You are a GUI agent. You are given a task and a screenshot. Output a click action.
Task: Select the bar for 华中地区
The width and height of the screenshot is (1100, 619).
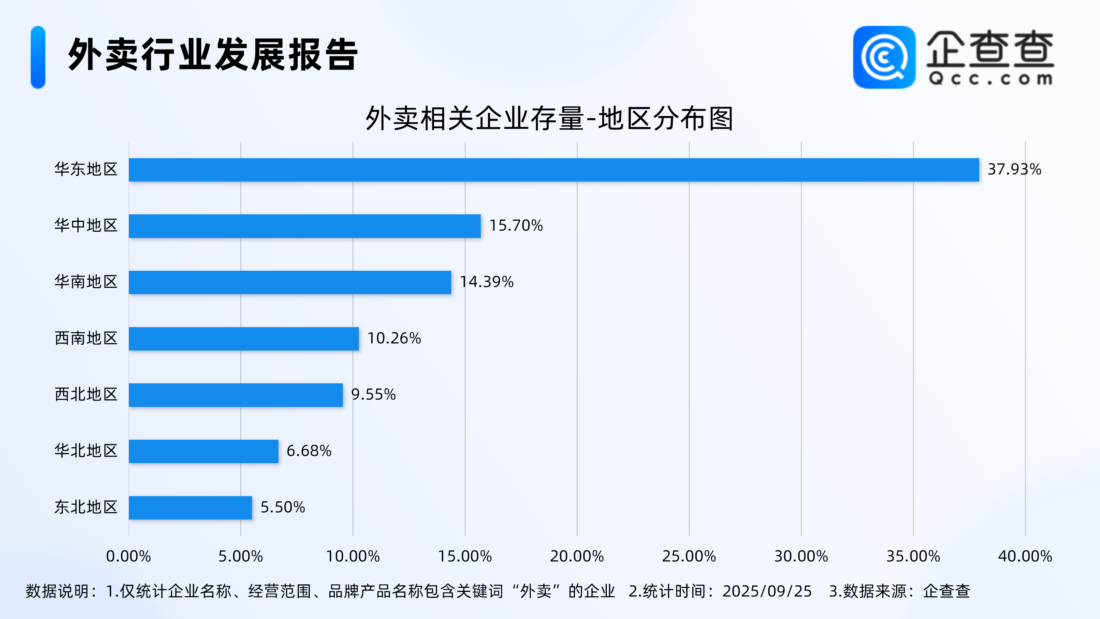(x=305, y=226)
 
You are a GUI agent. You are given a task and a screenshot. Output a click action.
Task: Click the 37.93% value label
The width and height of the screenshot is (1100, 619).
(x=1014, y=170)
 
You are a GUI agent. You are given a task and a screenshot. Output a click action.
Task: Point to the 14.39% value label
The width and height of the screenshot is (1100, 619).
(x=486, y=282)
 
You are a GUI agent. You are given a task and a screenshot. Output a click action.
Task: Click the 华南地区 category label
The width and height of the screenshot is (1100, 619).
(x=86, y=282)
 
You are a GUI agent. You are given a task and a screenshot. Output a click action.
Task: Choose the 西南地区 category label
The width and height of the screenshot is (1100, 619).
(x=86, y=338)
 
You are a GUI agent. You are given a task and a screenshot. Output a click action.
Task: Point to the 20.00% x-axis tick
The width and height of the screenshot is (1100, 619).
(x=577, y=556)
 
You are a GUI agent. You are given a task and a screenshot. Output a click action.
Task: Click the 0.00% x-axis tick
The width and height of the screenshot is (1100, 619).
(x=129, y=556)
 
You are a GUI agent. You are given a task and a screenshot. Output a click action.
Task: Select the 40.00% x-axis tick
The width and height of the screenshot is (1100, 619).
(x=1025, y=556)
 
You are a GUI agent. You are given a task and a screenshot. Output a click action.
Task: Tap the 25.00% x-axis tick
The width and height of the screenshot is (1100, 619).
(x=689, y=556)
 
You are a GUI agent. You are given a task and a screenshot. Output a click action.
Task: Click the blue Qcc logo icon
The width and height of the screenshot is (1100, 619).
(x=884, y=57)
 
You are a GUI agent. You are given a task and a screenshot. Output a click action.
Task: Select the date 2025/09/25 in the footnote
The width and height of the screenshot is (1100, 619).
(x=767, y=591)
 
